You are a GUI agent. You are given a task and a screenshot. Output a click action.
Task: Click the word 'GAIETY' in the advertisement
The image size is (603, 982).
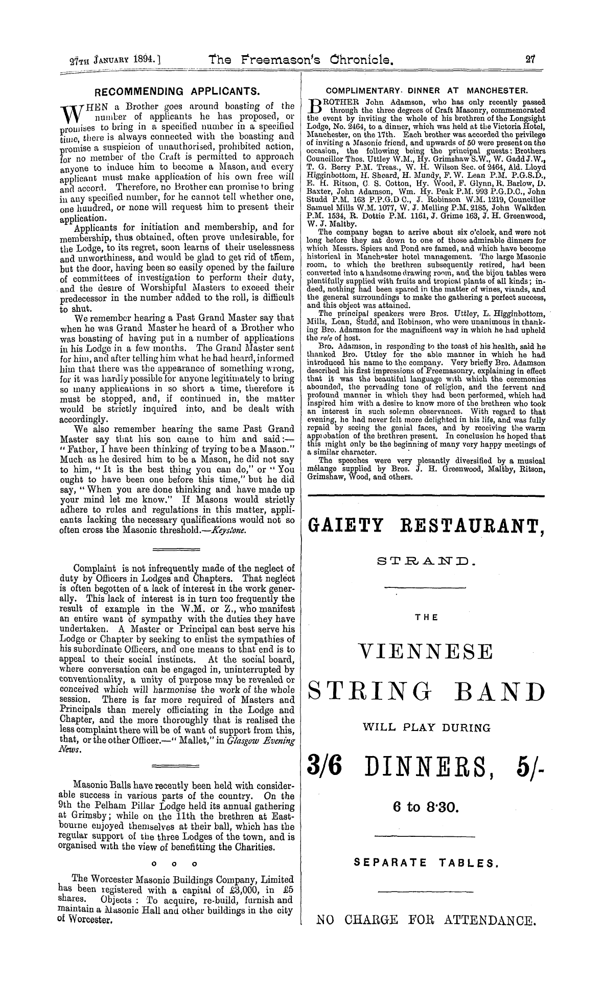pos(347,527)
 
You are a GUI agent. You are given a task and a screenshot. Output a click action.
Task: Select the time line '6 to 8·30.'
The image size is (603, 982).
pos(426,809)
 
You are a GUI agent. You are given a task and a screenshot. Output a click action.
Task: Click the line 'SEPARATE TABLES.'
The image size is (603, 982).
pos(426,863)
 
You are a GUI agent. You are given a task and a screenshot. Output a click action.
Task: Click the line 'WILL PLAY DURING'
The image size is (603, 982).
pos(426,727)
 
